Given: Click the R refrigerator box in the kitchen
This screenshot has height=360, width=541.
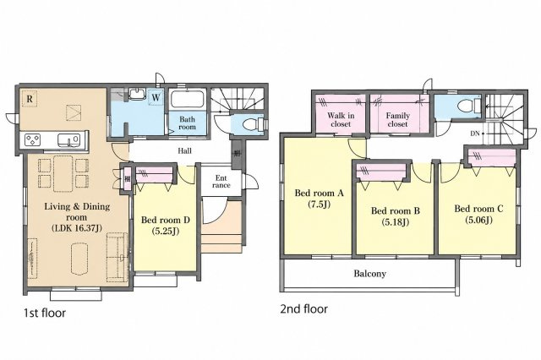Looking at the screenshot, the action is pos(30,99).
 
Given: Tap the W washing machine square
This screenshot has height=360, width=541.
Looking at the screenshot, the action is pos(156,97).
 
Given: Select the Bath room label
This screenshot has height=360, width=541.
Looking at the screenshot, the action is pos(188,123).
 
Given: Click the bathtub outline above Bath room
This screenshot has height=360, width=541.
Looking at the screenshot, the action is pos(188,99).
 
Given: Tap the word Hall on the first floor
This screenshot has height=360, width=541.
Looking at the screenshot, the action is pos(184,150).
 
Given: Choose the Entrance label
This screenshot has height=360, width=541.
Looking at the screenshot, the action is pos(221,182).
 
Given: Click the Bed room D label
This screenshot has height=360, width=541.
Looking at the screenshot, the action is pos(166,220).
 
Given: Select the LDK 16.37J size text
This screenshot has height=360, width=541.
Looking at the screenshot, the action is pos(77,228).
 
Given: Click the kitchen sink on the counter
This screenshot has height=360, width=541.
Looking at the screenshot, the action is pos(69,140).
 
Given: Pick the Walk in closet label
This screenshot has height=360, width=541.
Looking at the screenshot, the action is pos(341,120).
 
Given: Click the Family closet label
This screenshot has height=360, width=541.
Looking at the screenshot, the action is pos(398,120).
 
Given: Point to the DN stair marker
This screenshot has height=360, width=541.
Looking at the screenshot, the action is pos(475,134).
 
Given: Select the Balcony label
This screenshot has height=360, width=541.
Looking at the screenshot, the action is pos(370,274).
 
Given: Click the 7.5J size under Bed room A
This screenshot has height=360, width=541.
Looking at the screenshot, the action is pos(320,205).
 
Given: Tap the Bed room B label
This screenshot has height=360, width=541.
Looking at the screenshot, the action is pos(396,210).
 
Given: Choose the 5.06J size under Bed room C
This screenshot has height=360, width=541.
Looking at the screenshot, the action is pos(478,220).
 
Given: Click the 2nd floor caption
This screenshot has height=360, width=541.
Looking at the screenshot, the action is pos(303,309).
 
